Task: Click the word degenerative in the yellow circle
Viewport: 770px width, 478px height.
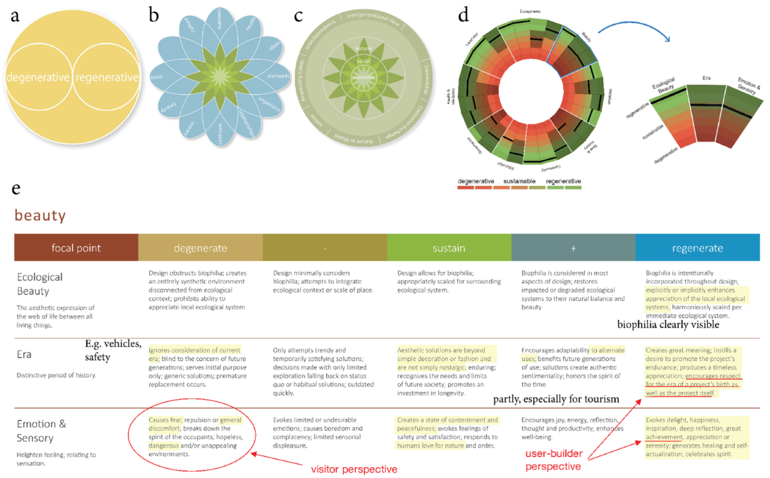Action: [38, 78]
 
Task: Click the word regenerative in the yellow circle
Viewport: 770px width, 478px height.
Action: [107, 78]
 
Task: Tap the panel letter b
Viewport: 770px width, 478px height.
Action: [154, 16]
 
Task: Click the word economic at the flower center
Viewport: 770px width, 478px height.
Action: [364, 78]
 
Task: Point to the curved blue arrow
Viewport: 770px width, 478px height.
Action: [633, 27]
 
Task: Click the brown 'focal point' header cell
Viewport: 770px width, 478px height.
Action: [76, 248]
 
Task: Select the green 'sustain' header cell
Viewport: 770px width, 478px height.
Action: [448, 248]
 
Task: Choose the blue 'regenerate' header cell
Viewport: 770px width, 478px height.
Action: [697, 248]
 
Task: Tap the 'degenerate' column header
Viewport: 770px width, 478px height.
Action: [200, 248]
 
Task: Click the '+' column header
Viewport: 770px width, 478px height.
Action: [572, 248]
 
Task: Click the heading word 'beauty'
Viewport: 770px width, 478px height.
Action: [40, 215]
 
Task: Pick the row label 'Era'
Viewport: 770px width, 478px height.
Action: [24, 354]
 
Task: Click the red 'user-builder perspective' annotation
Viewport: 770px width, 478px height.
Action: [554, 460]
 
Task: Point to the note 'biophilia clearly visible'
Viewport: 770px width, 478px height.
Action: [668, 325]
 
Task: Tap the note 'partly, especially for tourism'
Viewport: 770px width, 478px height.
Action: [556, 399]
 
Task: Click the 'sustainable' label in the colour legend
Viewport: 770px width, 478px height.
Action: [519, 181]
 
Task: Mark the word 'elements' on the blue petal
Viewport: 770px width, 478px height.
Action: [278, 76]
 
